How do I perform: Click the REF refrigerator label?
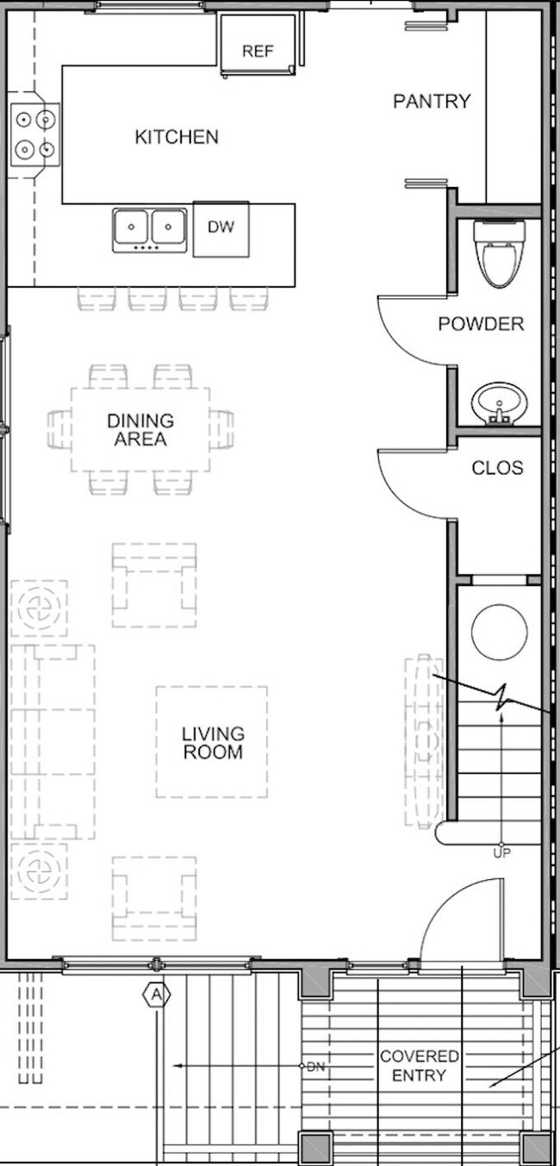point(258,51)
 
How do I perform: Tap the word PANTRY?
point(432,101)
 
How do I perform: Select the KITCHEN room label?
point(177,136)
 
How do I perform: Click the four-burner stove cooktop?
point(35,134)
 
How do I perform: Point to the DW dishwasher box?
point(221,228)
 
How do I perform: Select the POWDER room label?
point(480,324)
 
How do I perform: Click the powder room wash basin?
point(497,402)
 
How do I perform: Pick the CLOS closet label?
point(497,468)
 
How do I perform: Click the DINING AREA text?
point(140,429)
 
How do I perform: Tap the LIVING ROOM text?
point(212,743)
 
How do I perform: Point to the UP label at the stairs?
point(501,853)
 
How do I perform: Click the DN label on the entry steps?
point(316,1066)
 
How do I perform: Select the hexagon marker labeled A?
point(156,995)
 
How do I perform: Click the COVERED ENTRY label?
point(420,1065)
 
